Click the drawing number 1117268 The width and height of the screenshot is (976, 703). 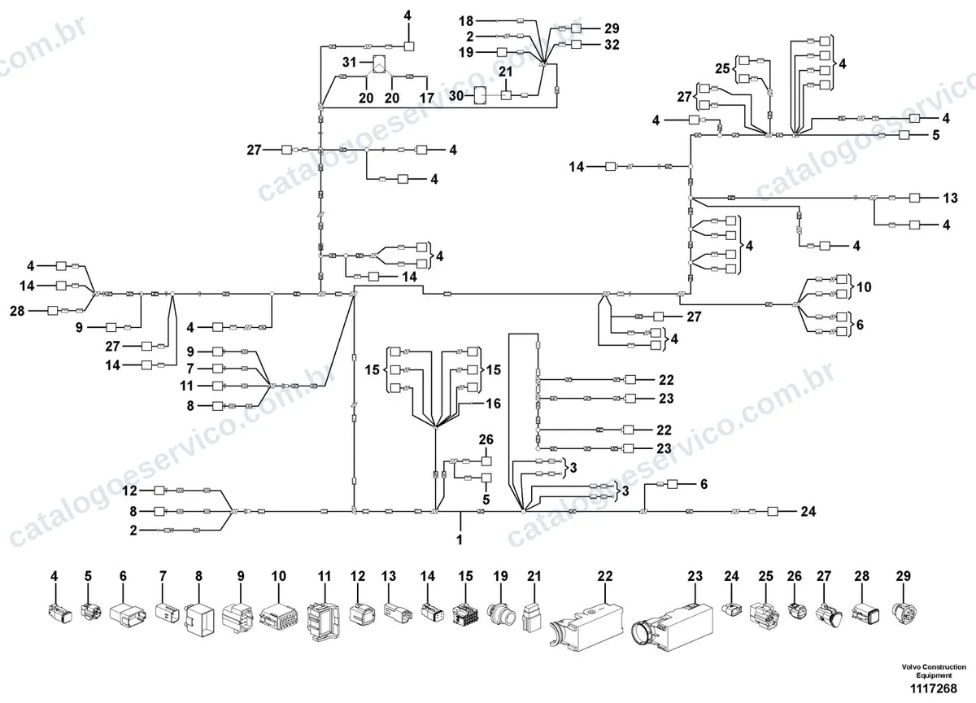(x=934, y=688)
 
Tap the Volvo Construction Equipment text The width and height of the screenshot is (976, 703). (x=934, y=671)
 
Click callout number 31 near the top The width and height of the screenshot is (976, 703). (x=350, y=63)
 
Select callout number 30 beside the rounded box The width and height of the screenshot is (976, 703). (x=456, y=95)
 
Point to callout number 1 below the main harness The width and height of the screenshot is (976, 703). (x=460, y=540)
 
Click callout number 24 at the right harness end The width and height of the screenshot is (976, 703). (x=808, y=511)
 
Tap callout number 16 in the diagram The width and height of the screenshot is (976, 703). (x=493, y=404)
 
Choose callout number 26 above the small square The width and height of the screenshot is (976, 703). (x=486, y=439)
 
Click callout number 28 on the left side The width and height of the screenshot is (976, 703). (x=17, y=311)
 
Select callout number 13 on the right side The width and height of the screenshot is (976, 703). (x=950, y=198)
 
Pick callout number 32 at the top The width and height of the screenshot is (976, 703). (x=612, y=45)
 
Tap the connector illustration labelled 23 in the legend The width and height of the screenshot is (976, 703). (x=672, y=627)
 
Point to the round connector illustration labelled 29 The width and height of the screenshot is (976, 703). (x=902, y=613)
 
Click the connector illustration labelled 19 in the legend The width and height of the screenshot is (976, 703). (x=502, y=614)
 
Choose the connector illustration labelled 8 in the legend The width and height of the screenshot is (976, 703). (x=199, y=619)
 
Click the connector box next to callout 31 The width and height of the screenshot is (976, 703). (x=380, y=64)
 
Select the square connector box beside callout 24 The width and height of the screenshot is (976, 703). (x=773, y=511)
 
